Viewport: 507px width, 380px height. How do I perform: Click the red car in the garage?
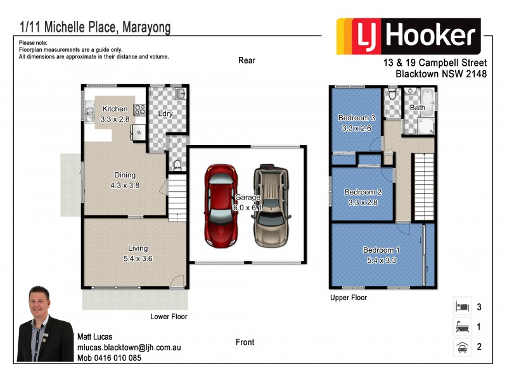click(x=221, y=206)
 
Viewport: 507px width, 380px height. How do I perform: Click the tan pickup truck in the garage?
click(x=272, y=206)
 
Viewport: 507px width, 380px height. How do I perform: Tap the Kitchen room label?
click(x=115, y=109)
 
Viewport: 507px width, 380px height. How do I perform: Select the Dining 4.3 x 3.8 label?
click(x=125, y=180)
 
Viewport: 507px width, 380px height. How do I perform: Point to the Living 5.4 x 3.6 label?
click(x=137, y=253)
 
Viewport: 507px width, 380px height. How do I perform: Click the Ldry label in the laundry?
click(x=166, y=114)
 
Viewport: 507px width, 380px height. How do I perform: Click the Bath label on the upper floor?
click(x=418, y=108)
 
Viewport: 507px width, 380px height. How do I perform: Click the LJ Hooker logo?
click(x=408, y=36)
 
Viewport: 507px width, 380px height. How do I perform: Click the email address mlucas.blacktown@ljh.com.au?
click(x=129, y=348)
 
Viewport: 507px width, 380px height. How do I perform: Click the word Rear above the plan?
click(x=247, y=61)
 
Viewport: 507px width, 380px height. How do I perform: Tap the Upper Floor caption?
click(x=349, y=297)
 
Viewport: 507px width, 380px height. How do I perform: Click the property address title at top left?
click(x=95, y=28)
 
